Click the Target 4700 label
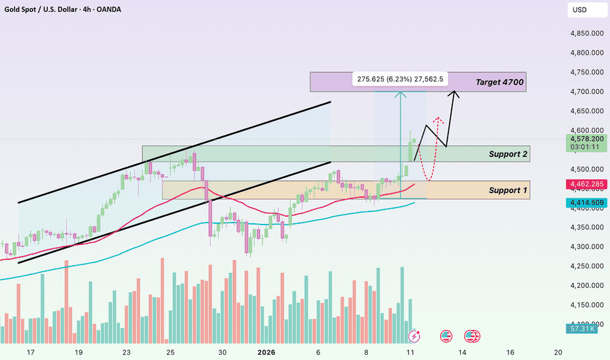[x=499, y=82]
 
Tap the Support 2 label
[x=509, y=154]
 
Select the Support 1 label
[x=509, y=190]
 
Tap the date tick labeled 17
[x=31, y=352]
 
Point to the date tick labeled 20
[x=558, y=352]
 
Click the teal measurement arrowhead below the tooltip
[x=401, y=94]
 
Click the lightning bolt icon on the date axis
[x=414, y=336]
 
